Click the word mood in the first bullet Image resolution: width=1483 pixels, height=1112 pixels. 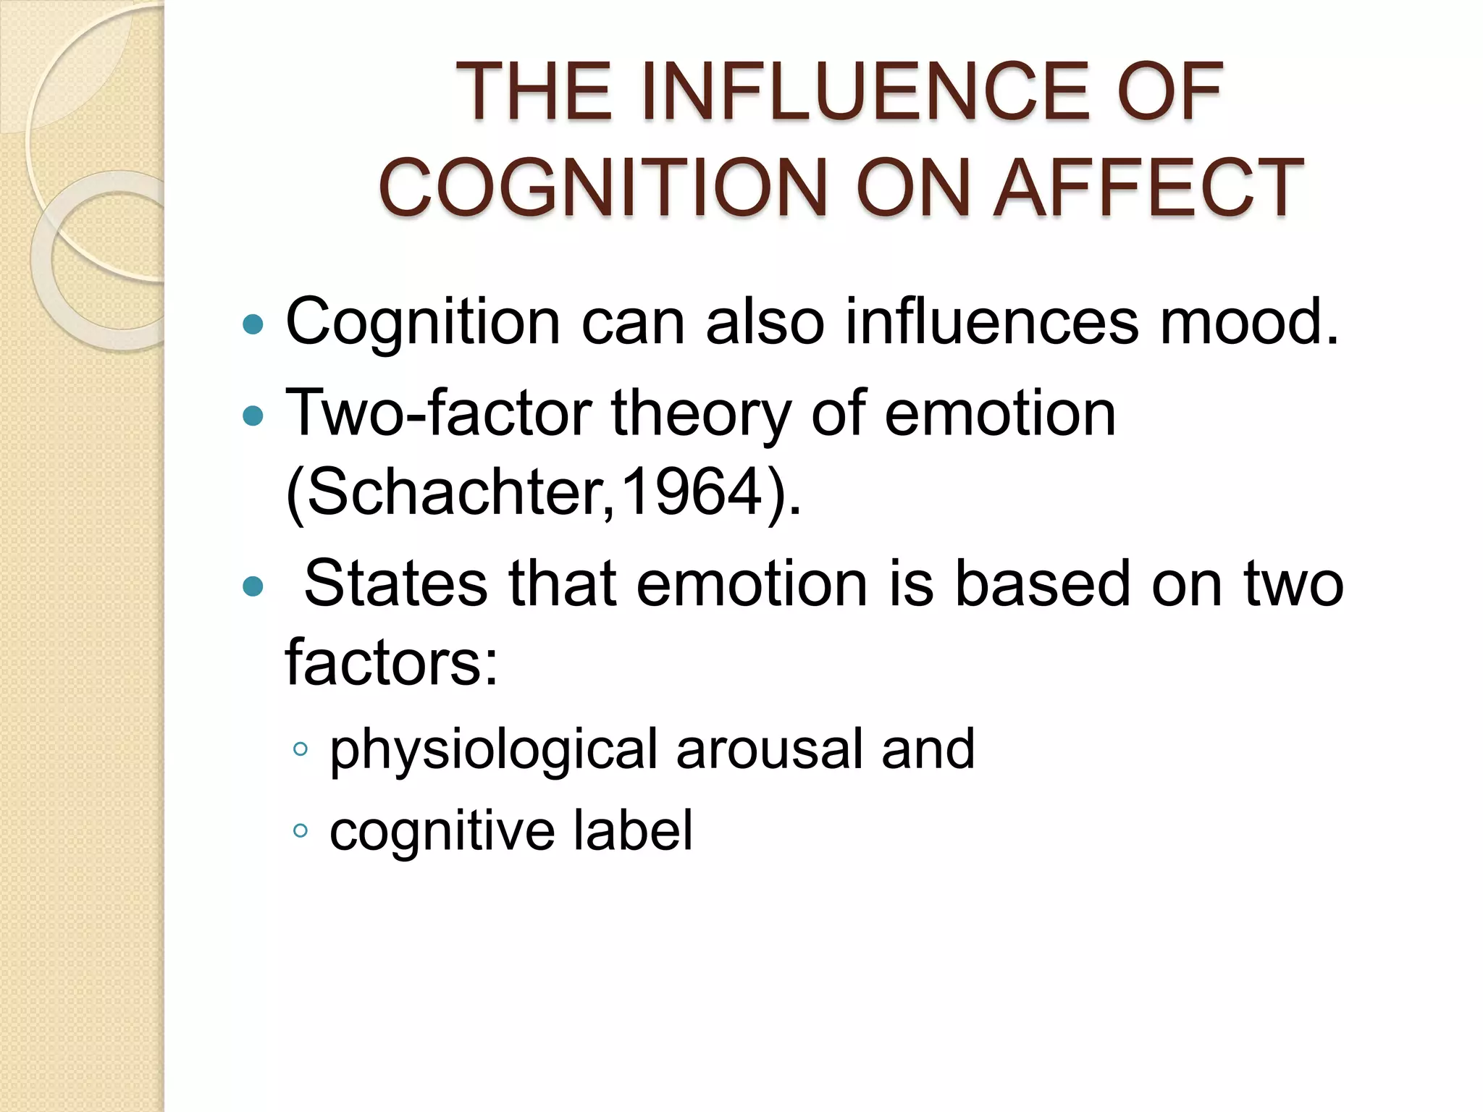tap(1248, 322)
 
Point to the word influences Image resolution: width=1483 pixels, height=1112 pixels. tap(991, 322)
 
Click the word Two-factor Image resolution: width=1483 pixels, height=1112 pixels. tap(439, 413)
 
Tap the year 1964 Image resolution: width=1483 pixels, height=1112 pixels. tap(691, 492)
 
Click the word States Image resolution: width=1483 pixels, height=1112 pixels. tap(395, 584)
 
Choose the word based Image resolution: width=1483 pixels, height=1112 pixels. tap(1043, 584)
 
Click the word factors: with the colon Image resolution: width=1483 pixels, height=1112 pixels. tap(392, 662)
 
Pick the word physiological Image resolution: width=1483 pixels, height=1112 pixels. tap(493, 750)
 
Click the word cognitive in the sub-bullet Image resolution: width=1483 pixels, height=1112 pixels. tap(442, 831)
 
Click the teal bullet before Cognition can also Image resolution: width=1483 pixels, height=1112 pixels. tap(253, 324)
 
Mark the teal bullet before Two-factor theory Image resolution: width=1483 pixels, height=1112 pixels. tap(253, 416)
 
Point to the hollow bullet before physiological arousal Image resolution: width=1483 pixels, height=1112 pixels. tap(301, 750)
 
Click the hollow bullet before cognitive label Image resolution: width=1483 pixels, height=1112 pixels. tap(301, 831)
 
